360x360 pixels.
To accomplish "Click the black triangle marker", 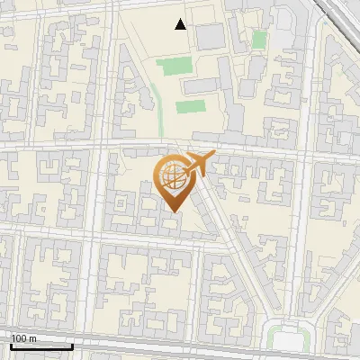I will (181, 24).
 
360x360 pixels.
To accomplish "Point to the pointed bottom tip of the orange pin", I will (172, 212).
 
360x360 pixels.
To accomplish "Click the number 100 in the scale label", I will (19, 338).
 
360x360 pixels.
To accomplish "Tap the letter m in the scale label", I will (32, 338).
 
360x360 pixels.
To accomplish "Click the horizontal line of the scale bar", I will (40, 346).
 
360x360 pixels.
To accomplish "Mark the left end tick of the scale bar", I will (10, 345).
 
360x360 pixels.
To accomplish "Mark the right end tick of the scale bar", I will (72, 345).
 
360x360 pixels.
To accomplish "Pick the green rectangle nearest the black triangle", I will (175, 66).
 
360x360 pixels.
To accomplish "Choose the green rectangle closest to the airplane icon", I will (190, 106).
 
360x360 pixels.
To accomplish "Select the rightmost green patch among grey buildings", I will (259, 40).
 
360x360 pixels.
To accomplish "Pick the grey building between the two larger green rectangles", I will (200, 86).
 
